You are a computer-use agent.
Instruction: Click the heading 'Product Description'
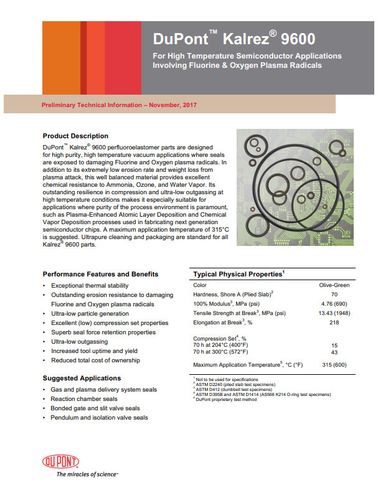[75, 136]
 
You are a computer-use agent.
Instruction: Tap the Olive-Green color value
[334, 285]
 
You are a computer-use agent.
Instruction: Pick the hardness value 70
[334, 294]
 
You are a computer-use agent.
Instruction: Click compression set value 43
[334, 353]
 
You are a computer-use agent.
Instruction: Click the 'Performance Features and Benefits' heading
[100, 274]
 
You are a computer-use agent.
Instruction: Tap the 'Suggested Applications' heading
[82, 378]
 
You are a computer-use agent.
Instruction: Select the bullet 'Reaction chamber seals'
[84, 399]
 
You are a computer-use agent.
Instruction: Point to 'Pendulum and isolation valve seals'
[100, 418]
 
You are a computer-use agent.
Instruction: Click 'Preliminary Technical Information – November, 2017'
[119, 105]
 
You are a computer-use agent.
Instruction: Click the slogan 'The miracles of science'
[87, 474]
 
